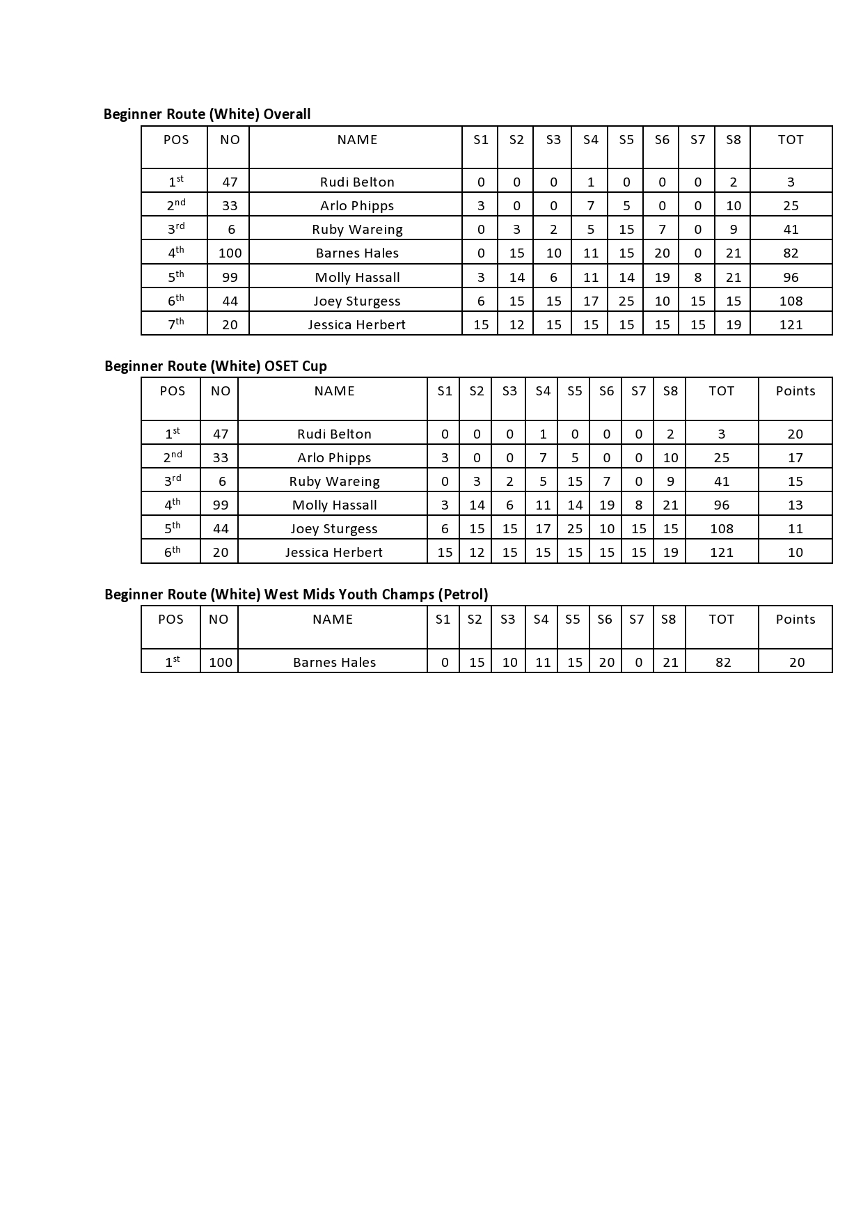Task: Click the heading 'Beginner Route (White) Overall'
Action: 207,114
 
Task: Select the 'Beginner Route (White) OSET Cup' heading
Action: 215,366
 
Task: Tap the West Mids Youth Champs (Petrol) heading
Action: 296,594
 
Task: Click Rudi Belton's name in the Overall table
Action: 357,182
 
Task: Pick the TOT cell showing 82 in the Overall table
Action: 791,253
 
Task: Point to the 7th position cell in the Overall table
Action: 175,324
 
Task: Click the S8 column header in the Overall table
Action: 734,140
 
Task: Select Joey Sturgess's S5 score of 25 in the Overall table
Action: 626,301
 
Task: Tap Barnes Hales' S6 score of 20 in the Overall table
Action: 662,253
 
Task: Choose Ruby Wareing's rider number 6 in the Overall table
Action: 231,230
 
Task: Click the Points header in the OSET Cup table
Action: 795,391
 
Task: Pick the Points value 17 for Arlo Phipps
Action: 795,458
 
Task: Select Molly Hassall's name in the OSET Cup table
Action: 334,505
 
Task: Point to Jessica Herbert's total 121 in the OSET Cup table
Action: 722,553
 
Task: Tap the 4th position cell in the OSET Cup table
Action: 172,505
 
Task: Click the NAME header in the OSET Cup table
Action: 334,391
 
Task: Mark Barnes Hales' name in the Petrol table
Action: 334,663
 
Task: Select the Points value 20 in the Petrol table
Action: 797,663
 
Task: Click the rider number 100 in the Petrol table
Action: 221,663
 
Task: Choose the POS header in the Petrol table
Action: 171,620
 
